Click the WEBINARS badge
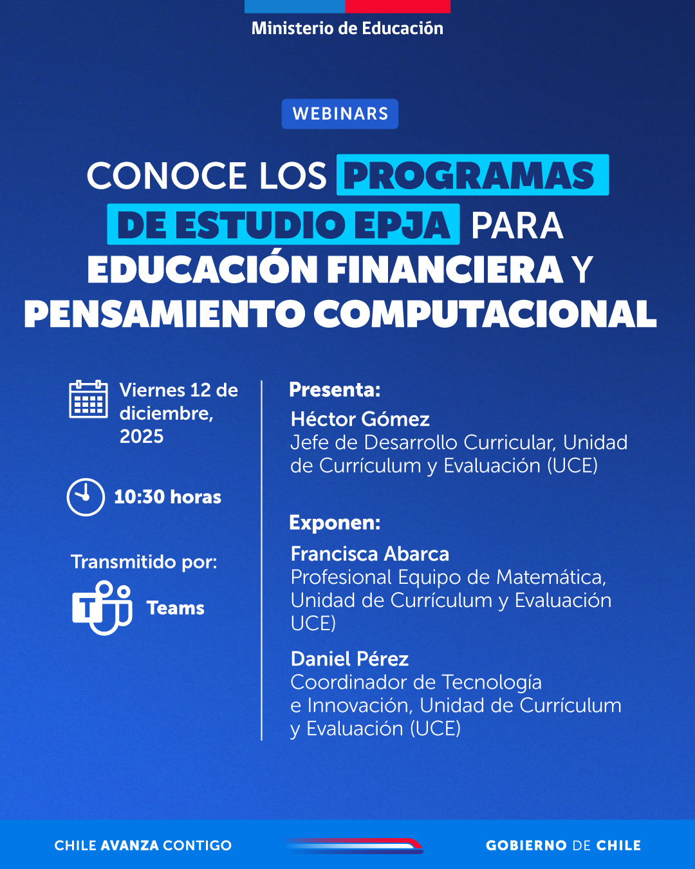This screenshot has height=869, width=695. pyautogui.click(x=340, y=114)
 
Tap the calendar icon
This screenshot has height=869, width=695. pyautogui.click(x=88, y=400)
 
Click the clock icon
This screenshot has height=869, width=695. pyautogui.click(x=86, y=497)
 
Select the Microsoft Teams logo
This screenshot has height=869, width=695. pyautogui.click(x=102, y=607)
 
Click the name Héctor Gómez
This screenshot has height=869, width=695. pyautogui.click(x=360, y=420)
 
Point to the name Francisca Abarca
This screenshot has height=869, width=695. pyautogui.click(x=369, y=554)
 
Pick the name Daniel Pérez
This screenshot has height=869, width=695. pyautogui.click(x=349, y=659)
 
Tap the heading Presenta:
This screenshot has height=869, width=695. pyautogui.click(x=335, y=390)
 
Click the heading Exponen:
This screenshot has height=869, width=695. pyautogui.click(x=335, y=523)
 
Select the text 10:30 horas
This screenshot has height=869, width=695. pyautogui.click(x=167, y=497)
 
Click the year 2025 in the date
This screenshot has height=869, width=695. pyautogui.click(x=142, y=436)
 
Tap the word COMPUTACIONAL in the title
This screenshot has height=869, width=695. pyautogui.click(x=485, y=314)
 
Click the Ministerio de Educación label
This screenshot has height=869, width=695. pyautogui.click(x=347, y=28)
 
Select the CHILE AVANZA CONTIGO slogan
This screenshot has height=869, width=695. pyautogui.click(x=143, y=846)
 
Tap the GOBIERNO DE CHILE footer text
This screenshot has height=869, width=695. pyautogui.click(x=563, y=846)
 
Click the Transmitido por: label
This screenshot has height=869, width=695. pyautogui.click(x=144, y=562)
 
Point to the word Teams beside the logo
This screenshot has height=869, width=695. pyautogui.click(x=176, y=608)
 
